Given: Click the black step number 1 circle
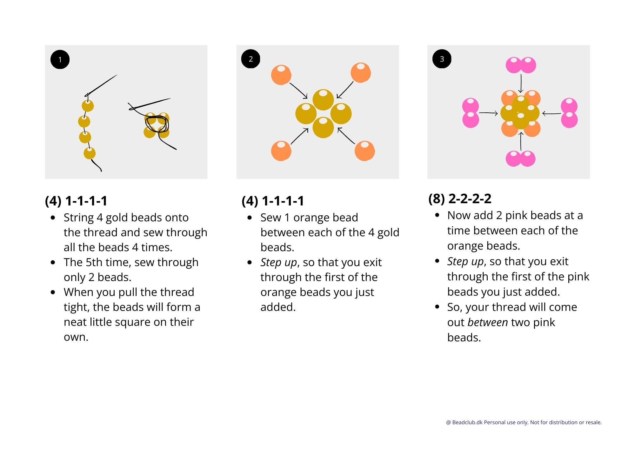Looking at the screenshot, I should [60, 59].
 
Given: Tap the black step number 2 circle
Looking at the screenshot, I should [251, 59].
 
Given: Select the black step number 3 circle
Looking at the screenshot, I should [442, 59].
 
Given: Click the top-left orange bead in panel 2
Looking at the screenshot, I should [281, 75].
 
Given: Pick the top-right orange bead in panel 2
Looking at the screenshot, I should [361, 73].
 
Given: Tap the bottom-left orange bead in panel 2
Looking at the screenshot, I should [281, 151].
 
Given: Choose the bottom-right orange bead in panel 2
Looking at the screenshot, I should [365, 151].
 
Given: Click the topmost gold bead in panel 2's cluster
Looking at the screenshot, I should [323, 99].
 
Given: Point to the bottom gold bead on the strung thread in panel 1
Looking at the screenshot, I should [90, 153].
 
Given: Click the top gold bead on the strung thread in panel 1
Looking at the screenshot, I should [88, 106].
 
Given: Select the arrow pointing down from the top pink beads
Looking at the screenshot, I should [521, 83].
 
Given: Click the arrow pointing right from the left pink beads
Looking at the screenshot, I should [488, 113].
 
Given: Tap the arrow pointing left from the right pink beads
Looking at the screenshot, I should [552, 113].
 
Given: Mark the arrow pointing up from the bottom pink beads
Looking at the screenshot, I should [521, 141].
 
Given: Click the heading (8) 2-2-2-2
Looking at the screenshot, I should [460, 199].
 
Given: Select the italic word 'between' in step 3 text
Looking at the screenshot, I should [488, 322].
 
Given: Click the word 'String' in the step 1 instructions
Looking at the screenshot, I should [78, 218].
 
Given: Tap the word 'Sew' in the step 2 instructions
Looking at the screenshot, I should [271, 218].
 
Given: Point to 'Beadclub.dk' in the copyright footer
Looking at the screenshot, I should [467, 422].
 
